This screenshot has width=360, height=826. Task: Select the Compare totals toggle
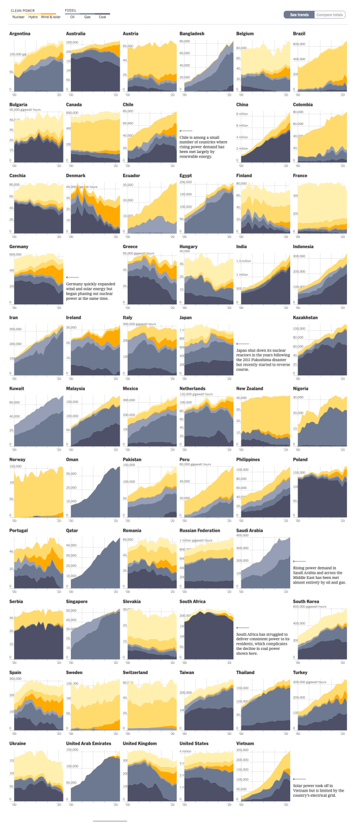(x=330, y=15)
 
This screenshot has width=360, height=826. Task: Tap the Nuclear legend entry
(x=18, y=17)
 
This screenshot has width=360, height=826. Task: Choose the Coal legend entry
(x=102, y=17)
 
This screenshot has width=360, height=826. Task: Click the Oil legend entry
(x=72, y=17)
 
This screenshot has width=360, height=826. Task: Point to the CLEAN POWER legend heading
(x=22, y=11)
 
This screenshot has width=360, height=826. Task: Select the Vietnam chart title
(x=245, y=743)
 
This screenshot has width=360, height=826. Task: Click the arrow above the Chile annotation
(x=186, y=131)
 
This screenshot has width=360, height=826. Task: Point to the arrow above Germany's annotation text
(x=72, y=277)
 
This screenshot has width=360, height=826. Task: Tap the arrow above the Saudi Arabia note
(x=299, y=561)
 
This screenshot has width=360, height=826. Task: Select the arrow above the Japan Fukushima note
(x=242, y=344)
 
